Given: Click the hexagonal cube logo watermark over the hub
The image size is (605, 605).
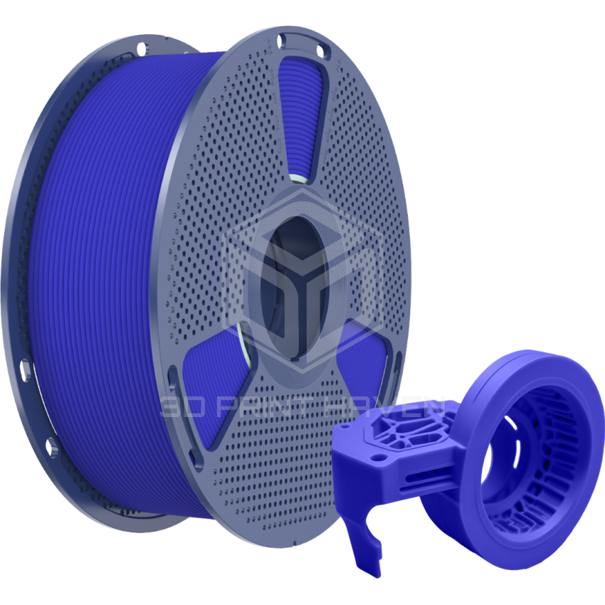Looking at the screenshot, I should [302, 274].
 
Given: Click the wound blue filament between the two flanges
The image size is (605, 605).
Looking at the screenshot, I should [93, 285].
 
